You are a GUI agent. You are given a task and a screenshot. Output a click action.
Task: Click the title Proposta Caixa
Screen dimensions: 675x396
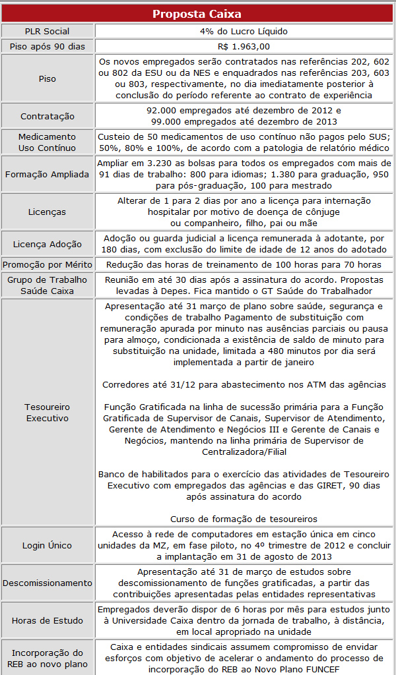coord(197,13)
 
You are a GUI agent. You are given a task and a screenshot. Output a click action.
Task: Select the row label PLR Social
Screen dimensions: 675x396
coord(47,31)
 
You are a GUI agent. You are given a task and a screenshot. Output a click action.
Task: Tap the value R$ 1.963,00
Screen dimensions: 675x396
coord(244,46)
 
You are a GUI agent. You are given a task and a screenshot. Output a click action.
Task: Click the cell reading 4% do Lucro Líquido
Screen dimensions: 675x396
coord(244,31)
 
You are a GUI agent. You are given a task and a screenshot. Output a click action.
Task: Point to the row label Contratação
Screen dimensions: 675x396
coord(47,115)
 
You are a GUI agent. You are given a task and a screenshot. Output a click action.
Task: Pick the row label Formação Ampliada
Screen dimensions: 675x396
coord(47,175)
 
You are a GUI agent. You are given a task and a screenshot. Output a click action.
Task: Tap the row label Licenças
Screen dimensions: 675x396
coord(47,212)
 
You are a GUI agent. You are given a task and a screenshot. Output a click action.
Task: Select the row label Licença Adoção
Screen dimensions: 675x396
coord(47,244)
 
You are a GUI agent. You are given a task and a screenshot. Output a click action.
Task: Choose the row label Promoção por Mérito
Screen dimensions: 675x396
coord(47,264)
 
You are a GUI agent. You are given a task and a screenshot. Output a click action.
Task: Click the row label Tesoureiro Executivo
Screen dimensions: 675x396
coord(47,412)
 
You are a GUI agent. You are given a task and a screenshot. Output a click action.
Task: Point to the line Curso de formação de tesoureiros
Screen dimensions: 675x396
coord(244,519)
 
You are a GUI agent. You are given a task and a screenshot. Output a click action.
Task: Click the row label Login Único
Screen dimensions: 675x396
coord(47,545)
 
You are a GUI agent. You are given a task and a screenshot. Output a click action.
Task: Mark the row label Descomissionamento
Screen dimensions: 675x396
coord(47,583)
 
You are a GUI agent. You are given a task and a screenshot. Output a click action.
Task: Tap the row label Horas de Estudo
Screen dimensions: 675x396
coord(47,620)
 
